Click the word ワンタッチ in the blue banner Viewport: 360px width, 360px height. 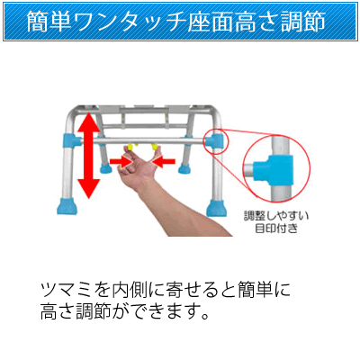point(125,22)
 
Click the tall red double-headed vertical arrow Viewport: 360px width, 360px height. point(88,155)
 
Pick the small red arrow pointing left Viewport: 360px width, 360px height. point(164,161)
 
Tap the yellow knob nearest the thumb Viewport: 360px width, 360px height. point(155,147)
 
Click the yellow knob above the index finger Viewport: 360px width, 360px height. point(130,147)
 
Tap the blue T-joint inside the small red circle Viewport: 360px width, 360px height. point(215,141)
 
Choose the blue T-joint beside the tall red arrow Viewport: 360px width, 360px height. point(71,141)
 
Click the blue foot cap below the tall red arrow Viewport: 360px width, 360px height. point(67,206)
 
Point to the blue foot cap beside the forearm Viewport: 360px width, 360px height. point(217,208)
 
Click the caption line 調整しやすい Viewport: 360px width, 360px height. point(276,216)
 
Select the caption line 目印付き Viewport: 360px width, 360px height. point(276,229)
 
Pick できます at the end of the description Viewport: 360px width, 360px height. point(166,311)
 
